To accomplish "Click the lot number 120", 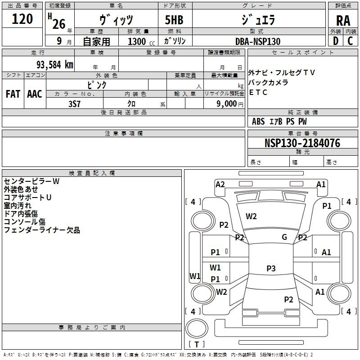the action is [x=22, y=19].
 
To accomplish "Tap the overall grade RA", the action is [x=343, y=21].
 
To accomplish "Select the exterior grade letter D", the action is [x=336, y=41].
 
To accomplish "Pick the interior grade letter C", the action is [x=350, y=41].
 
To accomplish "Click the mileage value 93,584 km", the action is [x=55, y=65].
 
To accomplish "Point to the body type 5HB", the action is [x=174, y=20].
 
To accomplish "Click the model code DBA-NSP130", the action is [x=258, y=41].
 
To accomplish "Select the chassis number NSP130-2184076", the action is [x=302, y=143].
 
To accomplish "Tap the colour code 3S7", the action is [x=75, y=104].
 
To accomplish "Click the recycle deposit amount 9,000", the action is [x=227, y=104].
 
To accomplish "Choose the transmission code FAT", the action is [x=13, y=94].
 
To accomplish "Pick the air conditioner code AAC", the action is [x=35, y=94].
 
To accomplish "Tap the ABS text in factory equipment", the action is [x=258, y=121].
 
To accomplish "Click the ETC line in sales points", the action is [x=258, y=92].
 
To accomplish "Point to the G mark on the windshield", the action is [x=284, y=237].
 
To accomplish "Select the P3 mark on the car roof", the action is [x=271, y=268].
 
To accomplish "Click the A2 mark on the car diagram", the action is [x=220, y=184].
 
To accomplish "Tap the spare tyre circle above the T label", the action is [x=197, y=328].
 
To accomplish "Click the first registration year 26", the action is [x=59, y=24].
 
